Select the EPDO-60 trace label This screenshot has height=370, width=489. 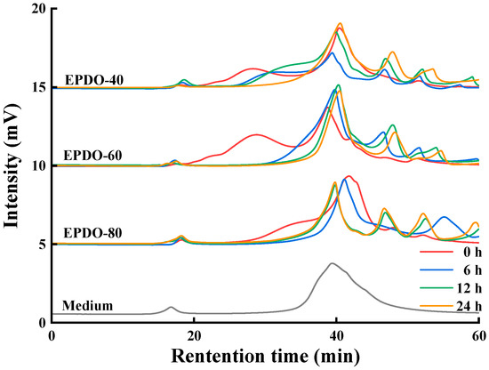[x=93, y=157]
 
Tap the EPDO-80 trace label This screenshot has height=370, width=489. [x=93, y=234]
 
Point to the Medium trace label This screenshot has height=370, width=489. [x=87, y=306]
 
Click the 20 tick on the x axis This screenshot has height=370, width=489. [x=195, y=337]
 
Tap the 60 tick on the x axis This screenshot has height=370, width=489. [x=477, y=337]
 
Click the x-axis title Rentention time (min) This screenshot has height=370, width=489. [x=266, y=358]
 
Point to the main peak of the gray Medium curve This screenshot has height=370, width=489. [x=332, y=263]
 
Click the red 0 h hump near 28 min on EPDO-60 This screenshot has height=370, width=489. [x=256, y=134]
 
